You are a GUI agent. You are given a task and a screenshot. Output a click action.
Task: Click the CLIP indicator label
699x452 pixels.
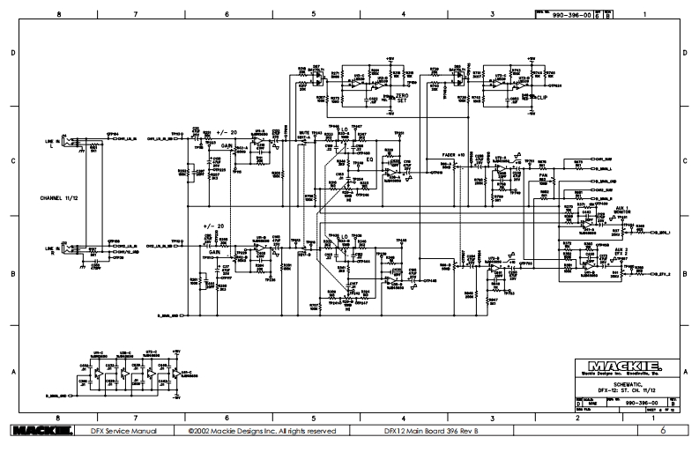click(540, 98)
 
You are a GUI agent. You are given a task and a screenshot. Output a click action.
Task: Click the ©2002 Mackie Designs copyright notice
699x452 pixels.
click(261, 431)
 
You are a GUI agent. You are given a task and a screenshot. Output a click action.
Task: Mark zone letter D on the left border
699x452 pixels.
click(11, 53)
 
